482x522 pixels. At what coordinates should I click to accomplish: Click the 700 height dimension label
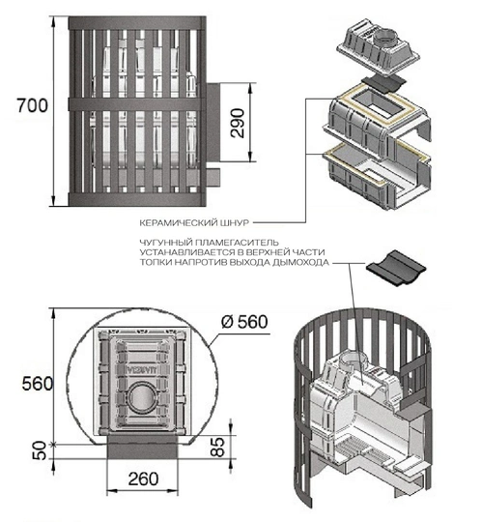(x=32, y=106)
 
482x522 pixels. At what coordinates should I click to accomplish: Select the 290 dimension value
(x=238, y=123)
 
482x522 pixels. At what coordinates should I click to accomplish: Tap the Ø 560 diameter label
(x=244, y=322)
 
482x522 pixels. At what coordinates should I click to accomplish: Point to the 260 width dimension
(x=143, y=479)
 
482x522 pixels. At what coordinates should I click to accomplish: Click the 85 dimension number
(x=217, y=447)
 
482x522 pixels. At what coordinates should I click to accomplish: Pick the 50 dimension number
(x=40, y=450)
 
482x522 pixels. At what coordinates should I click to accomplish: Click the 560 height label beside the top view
(x=38, y=384)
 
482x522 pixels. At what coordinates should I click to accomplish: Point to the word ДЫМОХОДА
(x=300, y=262)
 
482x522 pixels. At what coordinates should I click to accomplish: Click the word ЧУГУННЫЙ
(x=166, y=242)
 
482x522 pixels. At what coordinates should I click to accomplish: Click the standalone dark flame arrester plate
(x=396, y=269)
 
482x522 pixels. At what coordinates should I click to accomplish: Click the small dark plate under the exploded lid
(x=383, y=83)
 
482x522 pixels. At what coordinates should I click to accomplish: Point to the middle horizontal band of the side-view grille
(x=136, y=104)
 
